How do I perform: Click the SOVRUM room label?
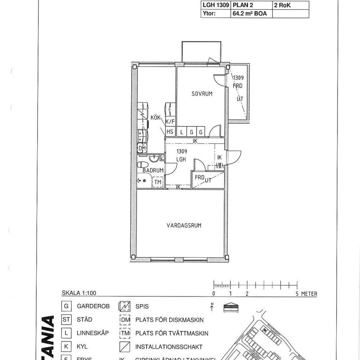[202, 94]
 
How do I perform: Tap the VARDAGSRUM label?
[184, 225]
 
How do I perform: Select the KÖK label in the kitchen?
[156, 118]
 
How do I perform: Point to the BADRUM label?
[152, 170]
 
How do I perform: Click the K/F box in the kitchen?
[170, 122]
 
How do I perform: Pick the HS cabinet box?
[170, 132]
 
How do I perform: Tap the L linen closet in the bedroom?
[182, 132]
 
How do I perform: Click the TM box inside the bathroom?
[157, 182]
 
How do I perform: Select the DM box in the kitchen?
[142, 148]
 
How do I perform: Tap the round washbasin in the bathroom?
[154, 158]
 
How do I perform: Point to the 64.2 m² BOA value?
[250, 14]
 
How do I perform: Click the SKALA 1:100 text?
[79, 293]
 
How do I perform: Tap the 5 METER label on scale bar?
[307, 294]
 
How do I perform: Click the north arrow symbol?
[212, 307]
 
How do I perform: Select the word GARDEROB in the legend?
[93, 306]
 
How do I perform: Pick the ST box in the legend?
[66, 320]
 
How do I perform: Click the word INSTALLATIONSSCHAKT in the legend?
[163, 347]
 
